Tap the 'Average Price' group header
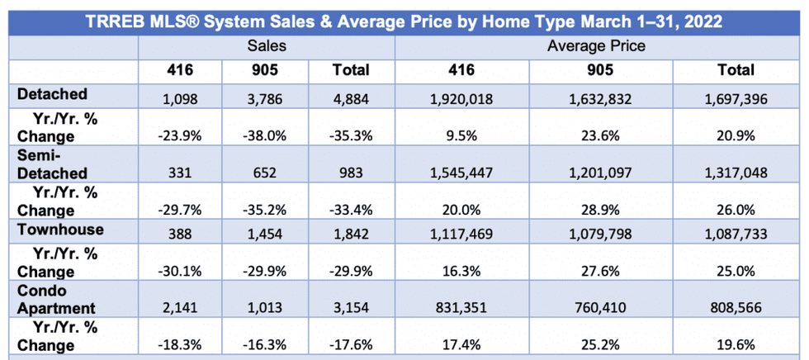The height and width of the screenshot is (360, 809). point(597,47)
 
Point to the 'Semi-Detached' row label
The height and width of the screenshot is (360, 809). point(52,163)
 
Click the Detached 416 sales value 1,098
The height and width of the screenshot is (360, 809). point(181,100)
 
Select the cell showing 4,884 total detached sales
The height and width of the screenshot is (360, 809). point(350,100)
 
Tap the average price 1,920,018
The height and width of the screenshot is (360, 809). point(462,100)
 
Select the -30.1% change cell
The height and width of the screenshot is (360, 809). point(181,269)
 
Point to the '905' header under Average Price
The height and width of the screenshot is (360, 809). point(597,70)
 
